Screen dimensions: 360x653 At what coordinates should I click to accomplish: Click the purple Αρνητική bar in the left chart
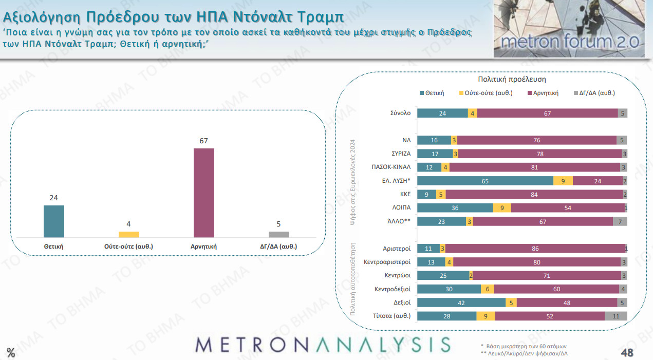pyautogui.click(x=204, y=193)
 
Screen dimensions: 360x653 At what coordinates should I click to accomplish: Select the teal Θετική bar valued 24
pyautogui.click(x=54, y=221)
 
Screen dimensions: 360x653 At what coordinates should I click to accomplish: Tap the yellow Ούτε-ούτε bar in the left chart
pyautogui.click(x=129, y=235)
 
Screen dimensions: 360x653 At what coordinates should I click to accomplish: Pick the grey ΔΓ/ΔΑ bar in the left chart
pyautogui.click(x=279, y=235)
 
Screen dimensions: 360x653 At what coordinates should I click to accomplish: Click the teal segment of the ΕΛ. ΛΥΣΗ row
pyautogui.click(x=485, y=181)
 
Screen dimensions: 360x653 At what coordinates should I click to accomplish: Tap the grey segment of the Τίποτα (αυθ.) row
pyautogui.click(x=616, y=316)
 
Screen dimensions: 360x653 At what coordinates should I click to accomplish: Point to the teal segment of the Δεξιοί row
pyautogui.click(x=461, y=302)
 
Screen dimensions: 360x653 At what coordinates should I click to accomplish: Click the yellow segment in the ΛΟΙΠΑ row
pyautogui.click(x=502, y=208)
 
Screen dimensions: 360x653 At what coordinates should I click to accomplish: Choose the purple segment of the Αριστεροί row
pyautogui.click(x=535, y=249)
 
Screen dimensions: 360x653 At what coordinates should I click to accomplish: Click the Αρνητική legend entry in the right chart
pyautogui.click(x=546, y=93)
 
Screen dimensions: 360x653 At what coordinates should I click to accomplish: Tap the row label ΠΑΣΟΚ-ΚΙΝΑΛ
pyautogui.click(x=391, y=167)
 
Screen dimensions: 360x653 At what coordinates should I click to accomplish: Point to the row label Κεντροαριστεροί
pyautogui.click(x=387, y=262)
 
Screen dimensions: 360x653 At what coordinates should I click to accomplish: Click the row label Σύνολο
pyautogui.click(x=400, y=113)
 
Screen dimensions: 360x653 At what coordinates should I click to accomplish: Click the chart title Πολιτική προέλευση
pyautogui.click(x=511, y=80)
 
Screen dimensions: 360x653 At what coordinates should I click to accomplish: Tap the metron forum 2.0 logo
pyautogui.click(x=569, y=29)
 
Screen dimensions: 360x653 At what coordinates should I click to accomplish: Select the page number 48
pyautogui.click(x=626, y=353)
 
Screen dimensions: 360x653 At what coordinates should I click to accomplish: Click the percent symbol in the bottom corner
pyautogui.click(x=11, y=352)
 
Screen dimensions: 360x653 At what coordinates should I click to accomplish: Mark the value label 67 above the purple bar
pyautogui.click(x=204, y=141)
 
